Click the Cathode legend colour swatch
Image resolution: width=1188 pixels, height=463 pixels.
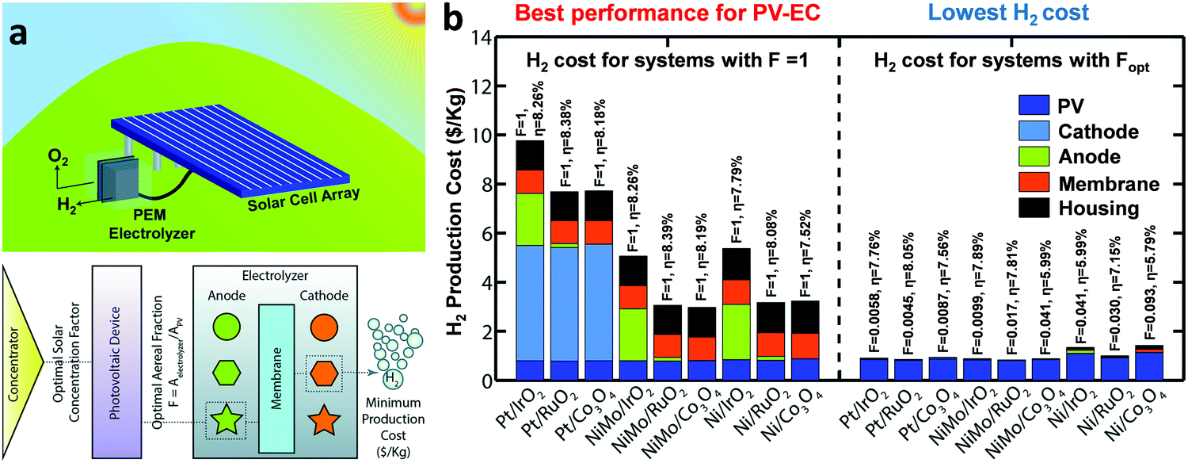pos(1034,131)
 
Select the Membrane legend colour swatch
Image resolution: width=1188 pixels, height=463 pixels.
pos(1034,182)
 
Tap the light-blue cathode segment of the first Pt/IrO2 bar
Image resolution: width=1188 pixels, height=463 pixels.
pos(530,303)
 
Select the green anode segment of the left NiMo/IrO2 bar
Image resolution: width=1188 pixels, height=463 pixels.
pos(634,335)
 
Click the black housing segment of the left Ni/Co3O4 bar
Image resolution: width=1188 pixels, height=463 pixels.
pos(805,317)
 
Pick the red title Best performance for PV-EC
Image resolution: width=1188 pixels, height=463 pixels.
pos(668,13)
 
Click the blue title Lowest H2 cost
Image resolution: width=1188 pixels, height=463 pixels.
pos(1008,13)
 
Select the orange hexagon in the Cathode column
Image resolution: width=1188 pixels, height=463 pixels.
pos(324,373)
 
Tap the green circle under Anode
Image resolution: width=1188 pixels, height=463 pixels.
pos(226,327)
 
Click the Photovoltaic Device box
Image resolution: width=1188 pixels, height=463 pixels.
pos(116,362)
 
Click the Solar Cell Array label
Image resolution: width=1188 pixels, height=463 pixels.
pos(304,199)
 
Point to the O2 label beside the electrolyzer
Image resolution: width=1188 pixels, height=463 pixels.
pos(58,157)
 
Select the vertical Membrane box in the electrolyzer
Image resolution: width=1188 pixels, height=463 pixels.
pos(276,379)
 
